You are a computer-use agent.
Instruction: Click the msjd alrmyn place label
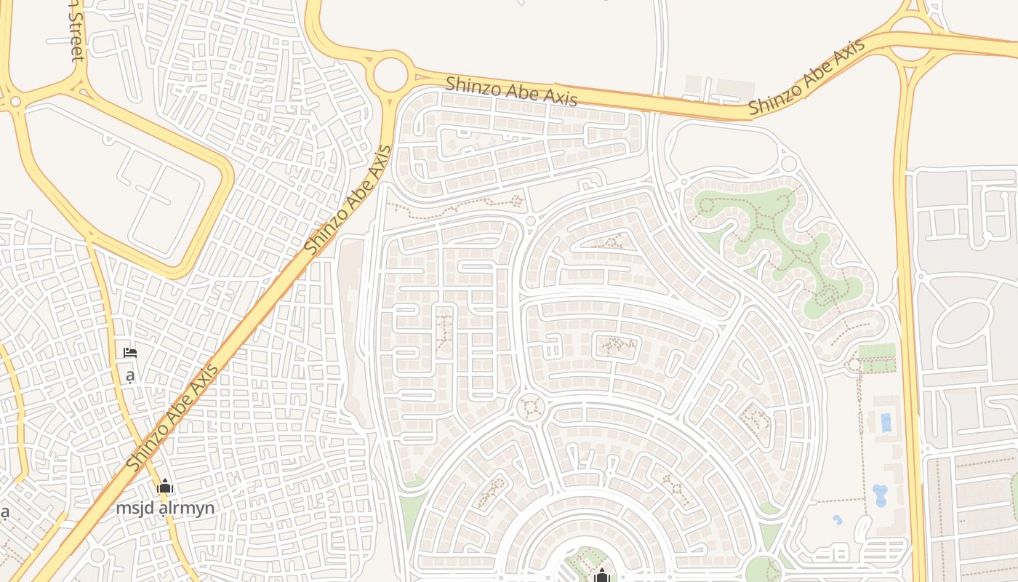165,508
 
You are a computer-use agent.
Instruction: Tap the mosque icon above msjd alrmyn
165,486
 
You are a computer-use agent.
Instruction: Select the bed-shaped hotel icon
130,354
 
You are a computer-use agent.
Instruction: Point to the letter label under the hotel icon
130,375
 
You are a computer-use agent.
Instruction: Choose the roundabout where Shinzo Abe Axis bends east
390,74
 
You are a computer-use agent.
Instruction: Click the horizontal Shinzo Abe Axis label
511,90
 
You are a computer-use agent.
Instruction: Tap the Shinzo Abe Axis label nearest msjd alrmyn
172,418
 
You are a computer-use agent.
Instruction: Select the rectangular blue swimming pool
885,423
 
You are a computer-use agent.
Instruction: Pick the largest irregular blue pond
880,495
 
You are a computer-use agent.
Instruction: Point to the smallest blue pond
838,520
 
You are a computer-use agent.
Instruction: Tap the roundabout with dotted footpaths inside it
530,406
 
